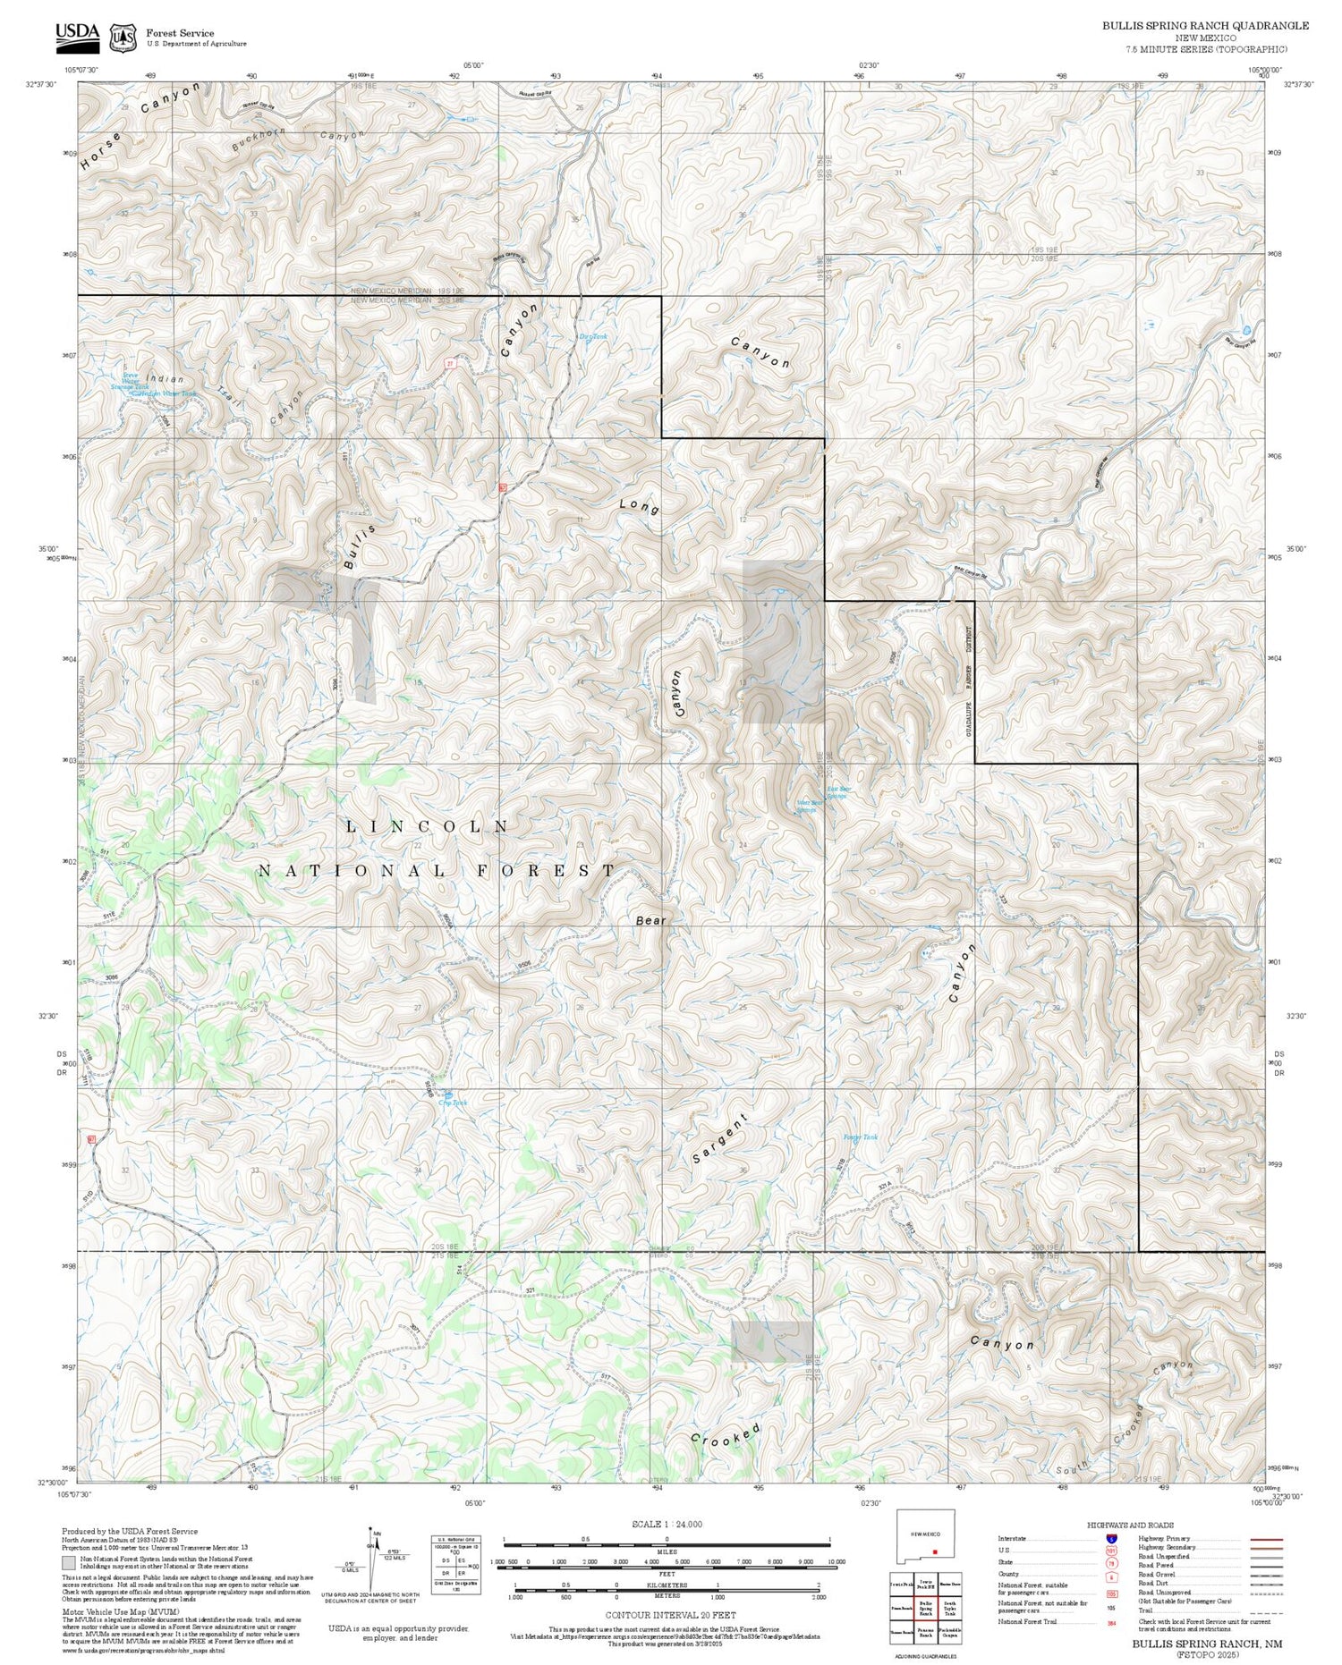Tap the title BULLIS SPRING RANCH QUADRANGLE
pyautogui.click(x=1205, y=25)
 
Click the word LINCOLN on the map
pyautogui.click(x=428, y=827)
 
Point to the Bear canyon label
pyautogui.click(x=651, y=920)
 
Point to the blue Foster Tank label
pyautogui.click(x=861, y=1137)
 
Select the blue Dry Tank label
pyautogui.click(x=593, y=337)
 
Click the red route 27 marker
pyautogui.click(x=450, y=363)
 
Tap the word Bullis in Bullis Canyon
pyautogui.click(x=360, y=546)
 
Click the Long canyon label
pyautogui.click(x=640, y=507)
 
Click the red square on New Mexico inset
pyautogui.click(x=934, y=1551)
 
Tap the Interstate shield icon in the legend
pyautogui.click(x=1110, y=1538)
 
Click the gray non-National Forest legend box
pyautogui.click(x=68, y=1563)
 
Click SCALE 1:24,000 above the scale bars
pyautogui.click(x=667, y=1524)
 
